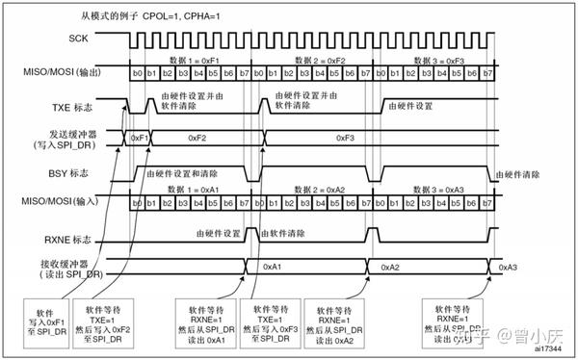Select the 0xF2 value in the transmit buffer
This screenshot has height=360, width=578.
[205, 138]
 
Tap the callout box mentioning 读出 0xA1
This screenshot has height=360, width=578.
[200, 323]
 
